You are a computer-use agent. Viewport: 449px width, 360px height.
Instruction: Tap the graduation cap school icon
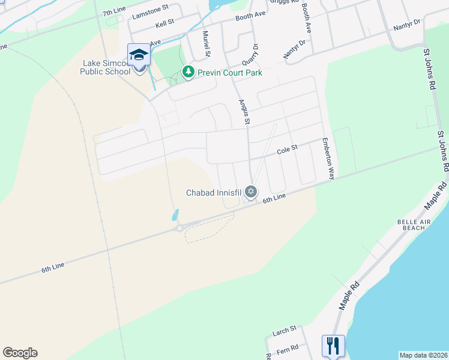click(x=139, y=55)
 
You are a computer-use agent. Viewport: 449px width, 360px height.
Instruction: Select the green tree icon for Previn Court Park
click(x=188, y=72)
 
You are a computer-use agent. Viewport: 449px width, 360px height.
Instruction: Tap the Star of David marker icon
click(x=251, y=192)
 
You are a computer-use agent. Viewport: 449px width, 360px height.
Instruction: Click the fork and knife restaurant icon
click(x=333, y=346)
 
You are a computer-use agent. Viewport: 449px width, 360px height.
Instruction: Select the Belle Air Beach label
click(x=411, y=225)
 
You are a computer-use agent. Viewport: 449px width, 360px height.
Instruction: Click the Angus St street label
click(x=244, y=112)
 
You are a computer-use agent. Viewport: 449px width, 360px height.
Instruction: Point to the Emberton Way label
click(x=327, y=159)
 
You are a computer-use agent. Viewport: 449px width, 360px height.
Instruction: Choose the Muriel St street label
click(x=206, y=44)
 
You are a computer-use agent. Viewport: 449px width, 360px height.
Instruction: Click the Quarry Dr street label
click(x=250, y=55)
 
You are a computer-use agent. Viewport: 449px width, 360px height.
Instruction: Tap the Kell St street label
click(x=164, y=23)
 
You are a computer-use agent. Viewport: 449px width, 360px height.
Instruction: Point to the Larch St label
click(x=284, y=329)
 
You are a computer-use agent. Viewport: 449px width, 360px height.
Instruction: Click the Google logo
click(x=20, y=353)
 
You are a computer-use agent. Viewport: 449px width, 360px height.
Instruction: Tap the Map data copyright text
click(x=423, y=355)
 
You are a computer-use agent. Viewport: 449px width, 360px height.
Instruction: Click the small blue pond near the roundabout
click(x=175, y=214)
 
